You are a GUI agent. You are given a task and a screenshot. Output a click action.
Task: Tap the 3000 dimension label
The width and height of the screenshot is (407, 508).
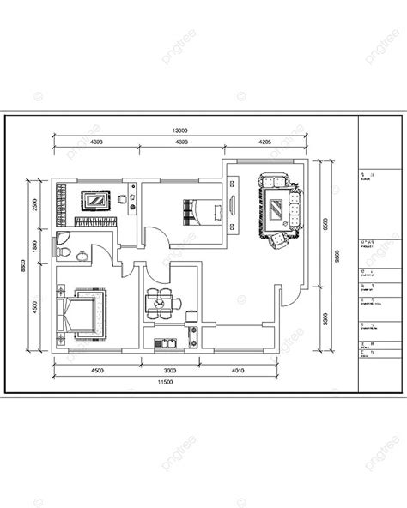(169, 370)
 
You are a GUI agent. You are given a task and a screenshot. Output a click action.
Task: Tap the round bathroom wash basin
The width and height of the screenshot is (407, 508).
(81, 255)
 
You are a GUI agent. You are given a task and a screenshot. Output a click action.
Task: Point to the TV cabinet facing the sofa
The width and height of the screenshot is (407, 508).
(234, 206)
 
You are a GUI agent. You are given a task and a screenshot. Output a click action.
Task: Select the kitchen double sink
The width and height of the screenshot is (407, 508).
(164, 345)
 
